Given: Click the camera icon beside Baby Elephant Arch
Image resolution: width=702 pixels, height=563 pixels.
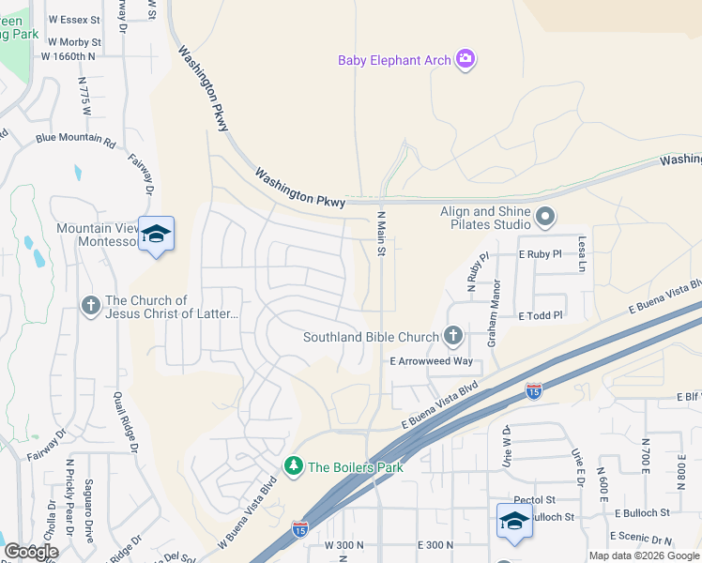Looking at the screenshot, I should [x=465, y=61].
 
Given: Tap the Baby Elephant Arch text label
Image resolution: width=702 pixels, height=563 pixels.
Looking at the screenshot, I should [x=394, y=61].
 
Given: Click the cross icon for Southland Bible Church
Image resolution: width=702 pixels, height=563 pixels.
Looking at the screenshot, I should [x=452, y=336].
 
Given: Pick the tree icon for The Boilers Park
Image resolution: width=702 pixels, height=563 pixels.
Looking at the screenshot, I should [x=294, y=466].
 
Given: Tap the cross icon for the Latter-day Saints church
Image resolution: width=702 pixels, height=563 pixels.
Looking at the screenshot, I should [x=90, y=306].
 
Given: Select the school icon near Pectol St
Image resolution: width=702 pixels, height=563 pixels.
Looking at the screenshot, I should [x=513, y=521].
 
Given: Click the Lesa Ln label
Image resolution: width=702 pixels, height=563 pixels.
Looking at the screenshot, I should [x=582, y=255].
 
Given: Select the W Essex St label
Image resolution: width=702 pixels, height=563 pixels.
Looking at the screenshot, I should [x=73, y=19].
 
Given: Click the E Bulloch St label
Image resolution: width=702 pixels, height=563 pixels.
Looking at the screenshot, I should [x=642, y=513].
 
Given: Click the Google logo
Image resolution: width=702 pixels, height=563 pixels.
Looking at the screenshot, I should [x=31, y=551].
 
